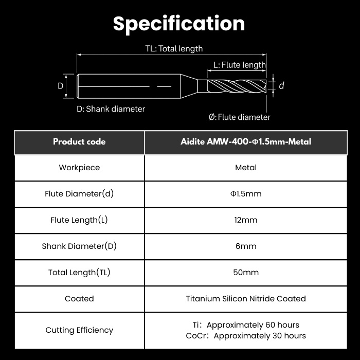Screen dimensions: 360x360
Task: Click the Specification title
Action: click(179, 24)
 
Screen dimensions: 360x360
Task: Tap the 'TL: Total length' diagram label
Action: click(174, 49)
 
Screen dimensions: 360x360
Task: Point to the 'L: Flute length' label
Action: click(240, 65)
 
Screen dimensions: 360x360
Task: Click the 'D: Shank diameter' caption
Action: click(111, 109)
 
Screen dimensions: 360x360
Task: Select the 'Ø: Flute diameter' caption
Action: click(240, 117)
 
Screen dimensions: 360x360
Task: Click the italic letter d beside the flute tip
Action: click(281, 86)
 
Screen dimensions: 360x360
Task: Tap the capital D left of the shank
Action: click(60, 86)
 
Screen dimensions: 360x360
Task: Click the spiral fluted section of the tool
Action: click(237, 86)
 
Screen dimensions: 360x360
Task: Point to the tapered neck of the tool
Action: click(189, 86)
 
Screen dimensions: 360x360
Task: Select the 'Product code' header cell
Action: click(79, 142)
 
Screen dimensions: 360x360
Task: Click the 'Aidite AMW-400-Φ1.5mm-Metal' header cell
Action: click(246, 142)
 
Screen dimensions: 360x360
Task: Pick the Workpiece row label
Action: click(79, 168)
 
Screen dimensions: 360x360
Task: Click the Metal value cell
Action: click(246, 168)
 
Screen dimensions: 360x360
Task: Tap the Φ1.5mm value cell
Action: click(246, 194)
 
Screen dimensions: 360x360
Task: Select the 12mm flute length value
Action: click(246, 220)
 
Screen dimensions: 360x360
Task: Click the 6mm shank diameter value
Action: click(246, 246)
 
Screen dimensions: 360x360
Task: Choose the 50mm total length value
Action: click(246, 272)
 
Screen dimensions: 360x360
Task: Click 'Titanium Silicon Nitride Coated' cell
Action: click(246, 299)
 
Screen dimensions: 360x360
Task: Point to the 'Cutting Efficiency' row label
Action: click(79, 330)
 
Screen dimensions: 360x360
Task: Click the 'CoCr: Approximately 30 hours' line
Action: click(246, 336)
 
